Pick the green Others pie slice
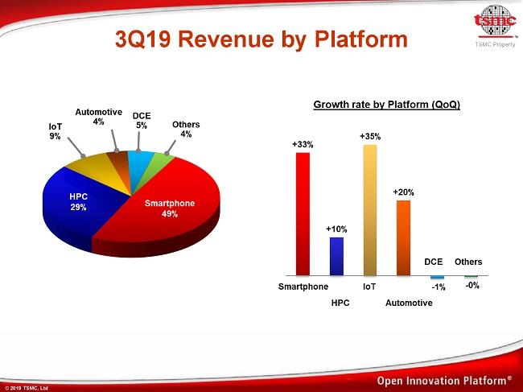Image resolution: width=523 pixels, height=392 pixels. pos(161,164)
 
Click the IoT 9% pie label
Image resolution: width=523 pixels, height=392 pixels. pos(56,131)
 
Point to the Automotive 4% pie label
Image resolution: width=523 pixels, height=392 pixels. pos(98,116)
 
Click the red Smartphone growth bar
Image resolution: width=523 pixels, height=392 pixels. pos(303,213)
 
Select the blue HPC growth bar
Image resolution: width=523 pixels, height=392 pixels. pos(336,257)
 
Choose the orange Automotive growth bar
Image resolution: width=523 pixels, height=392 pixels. pos(404,238)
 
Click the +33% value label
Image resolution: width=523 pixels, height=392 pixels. pos(303,144)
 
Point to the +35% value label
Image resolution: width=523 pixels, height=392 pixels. pos(370,137)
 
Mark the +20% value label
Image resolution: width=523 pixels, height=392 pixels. pos(404,192)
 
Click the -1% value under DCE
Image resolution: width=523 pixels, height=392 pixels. pos(439,287)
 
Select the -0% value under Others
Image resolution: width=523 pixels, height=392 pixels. pos(473,286)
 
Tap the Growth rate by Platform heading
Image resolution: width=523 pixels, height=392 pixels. pos(386,105)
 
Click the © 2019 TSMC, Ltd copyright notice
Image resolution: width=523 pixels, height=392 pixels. pos(27,387)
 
